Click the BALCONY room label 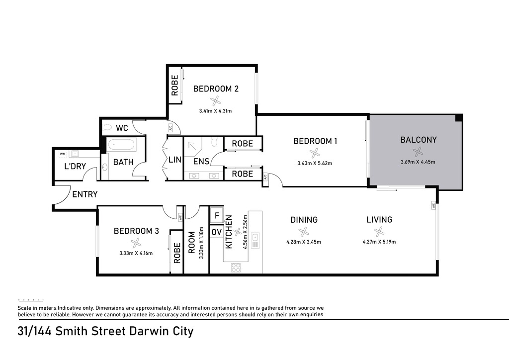418,140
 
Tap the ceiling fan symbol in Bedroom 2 215,101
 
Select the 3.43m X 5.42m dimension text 315,163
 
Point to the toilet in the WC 107,128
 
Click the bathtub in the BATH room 120,145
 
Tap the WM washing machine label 63,154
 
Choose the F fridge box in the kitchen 217,215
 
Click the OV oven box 217,232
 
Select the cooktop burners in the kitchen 236,268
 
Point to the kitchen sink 255,241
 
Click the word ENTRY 85,194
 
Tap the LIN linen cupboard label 175,160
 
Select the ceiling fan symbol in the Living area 379,231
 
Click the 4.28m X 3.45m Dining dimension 304,242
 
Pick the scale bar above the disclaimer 31,300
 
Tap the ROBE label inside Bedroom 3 177,253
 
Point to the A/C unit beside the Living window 433,205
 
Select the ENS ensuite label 201,161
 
